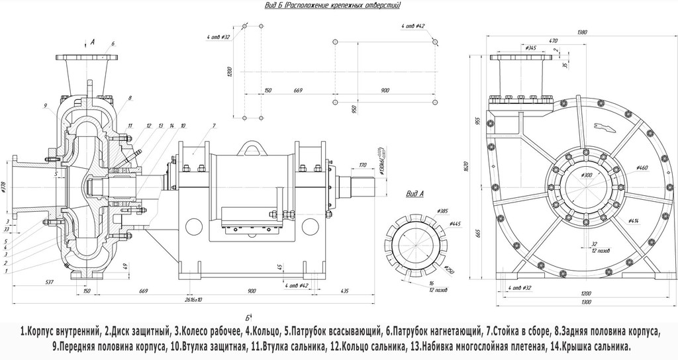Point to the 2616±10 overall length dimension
(192, 300)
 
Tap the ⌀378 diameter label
(5, 189)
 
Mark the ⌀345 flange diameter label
(530, 48)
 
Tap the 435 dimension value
(345, 291)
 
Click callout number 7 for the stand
(214, 125)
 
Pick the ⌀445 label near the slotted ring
(455, 224)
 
